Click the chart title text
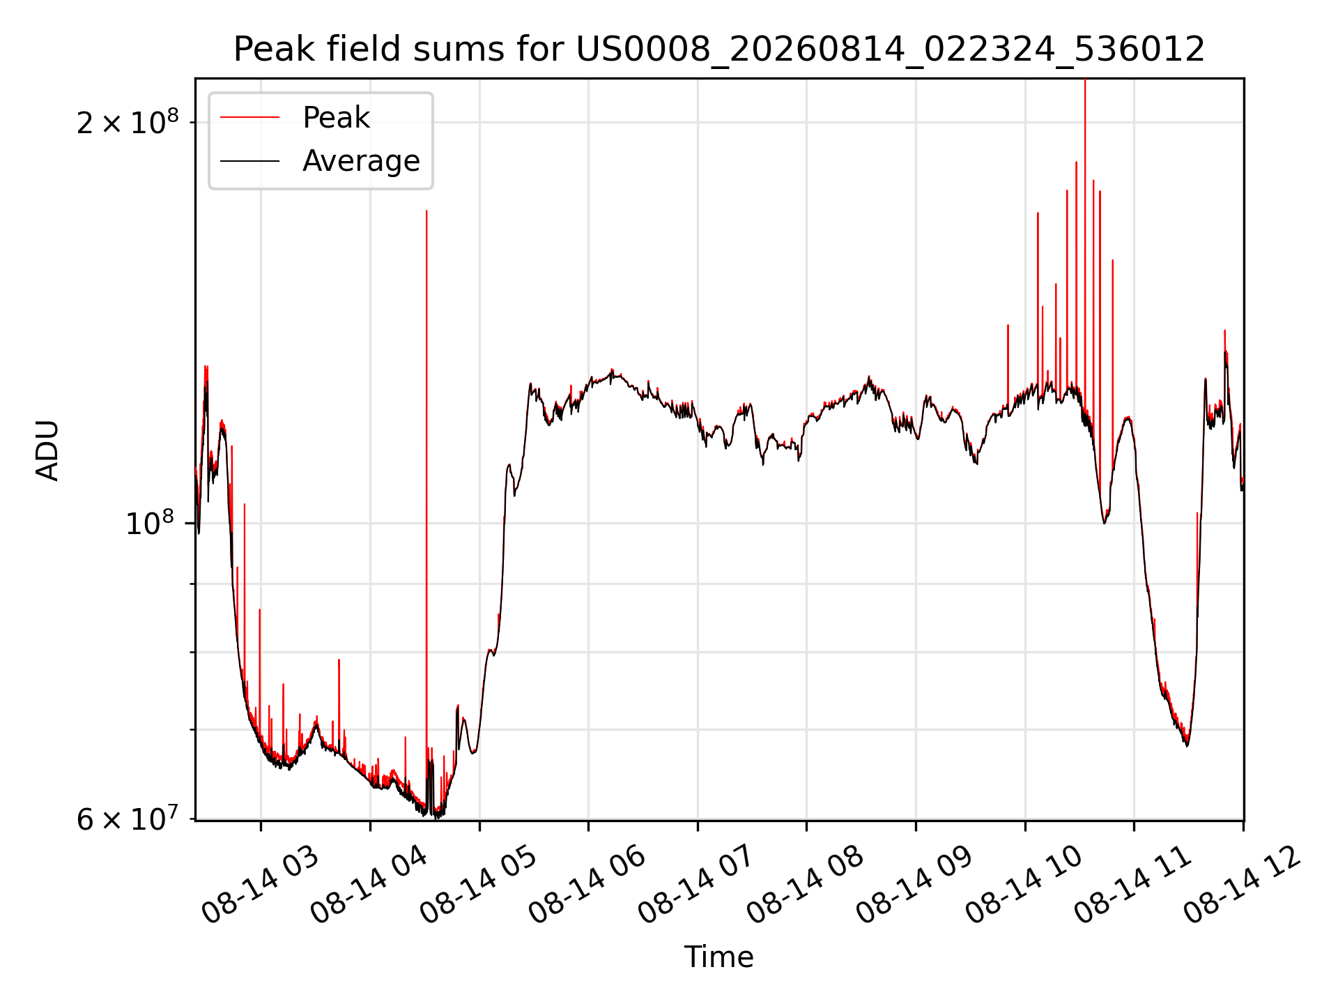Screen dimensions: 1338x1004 click(719, 50)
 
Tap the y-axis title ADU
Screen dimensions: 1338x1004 click(47, 450)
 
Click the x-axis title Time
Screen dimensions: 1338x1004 click(719, 957)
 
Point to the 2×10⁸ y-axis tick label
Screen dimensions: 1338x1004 click(128, 123)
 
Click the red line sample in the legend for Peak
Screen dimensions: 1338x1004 click(249, 118)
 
